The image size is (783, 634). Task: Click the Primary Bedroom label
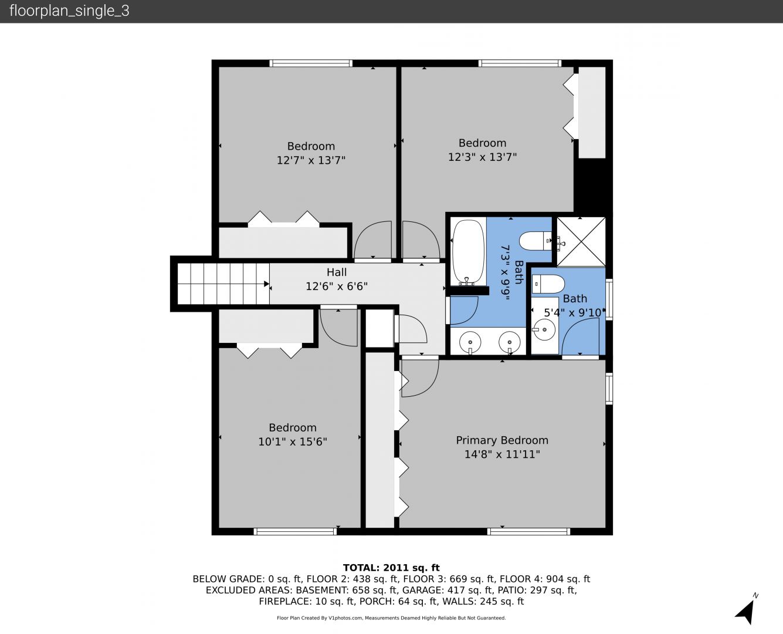click(x=502, y=440)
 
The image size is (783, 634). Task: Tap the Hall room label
click(x=336, y=272)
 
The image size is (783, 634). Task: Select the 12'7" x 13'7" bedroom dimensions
click(x=311, y=160)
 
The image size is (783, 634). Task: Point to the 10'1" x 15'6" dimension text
click(x=293, y=441)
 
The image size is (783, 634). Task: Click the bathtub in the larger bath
click(x=468, y=252)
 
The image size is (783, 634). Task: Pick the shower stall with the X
click(x=581, y=242)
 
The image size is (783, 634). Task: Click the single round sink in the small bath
click(x=544, y=329)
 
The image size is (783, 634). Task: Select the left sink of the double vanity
click(x=470, y=342)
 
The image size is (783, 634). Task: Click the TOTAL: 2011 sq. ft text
click(x=391, y=568)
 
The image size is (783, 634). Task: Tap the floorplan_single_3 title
click(x=69, y=11)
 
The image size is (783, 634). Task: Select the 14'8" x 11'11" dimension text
click(x=502, y=454)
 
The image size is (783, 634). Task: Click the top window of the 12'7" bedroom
click(x=311, y=63)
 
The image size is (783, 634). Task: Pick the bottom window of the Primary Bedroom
click(x=528, y=531)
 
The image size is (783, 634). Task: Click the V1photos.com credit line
click(x=391, y=618)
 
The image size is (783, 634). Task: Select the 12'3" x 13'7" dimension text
click(x=482, y=157)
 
